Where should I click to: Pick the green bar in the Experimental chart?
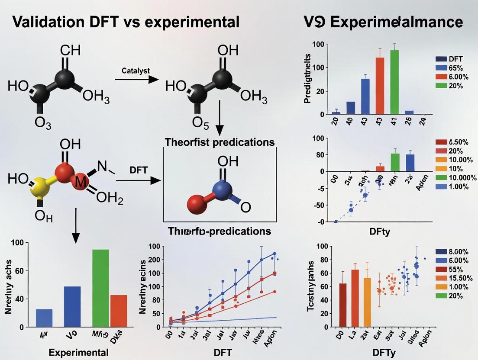101,288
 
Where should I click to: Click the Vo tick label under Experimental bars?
72,336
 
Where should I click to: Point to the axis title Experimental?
78,352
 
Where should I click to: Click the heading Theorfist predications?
220,142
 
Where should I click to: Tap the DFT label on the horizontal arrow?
139,170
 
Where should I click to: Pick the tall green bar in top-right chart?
394,81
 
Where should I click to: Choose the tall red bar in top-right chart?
380,85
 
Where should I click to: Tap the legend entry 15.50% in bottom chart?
451,278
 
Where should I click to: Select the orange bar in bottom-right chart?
367,302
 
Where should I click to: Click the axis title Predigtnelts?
308,78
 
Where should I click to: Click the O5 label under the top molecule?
200,123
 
